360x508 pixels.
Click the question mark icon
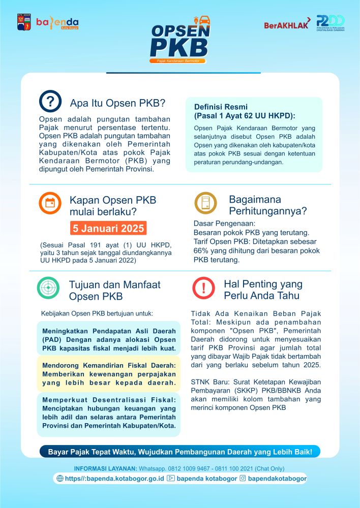pyautogui.click(x=50, y=102)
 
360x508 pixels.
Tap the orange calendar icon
pyautogui.click(x=50, y=203)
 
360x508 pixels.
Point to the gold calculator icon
pyautogui.click(x=205, y=203)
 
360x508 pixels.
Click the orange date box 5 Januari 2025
pyautogui.click(x=108, y=228)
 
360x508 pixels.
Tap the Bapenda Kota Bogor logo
pyautogui.click(x=57, y=23)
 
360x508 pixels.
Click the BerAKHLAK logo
pyautogui.click(x=286, y=25)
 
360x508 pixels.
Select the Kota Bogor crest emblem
pyautogui.click(x=24, y=23)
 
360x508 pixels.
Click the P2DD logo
pyautogui.click(x=330, y=23)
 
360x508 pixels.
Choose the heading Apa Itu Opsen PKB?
pyautogui.click(x=117, y=103)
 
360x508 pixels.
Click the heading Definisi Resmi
pyautogui.click(x=221, y=107)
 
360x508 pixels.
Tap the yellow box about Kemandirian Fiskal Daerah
pyautogui.click(x=108, y=373)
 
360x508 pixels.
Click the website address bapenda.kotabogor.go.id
pyautogui.click(x=114, y=479)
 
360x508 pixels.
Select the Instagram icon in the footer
pyautogui.click(x=243, y=478)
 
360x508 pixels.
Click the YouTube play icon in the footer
pyautogui.click(x=171, y=479)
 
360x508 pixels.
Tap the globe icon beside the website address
pyautogui.click(x=60, y=479)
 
